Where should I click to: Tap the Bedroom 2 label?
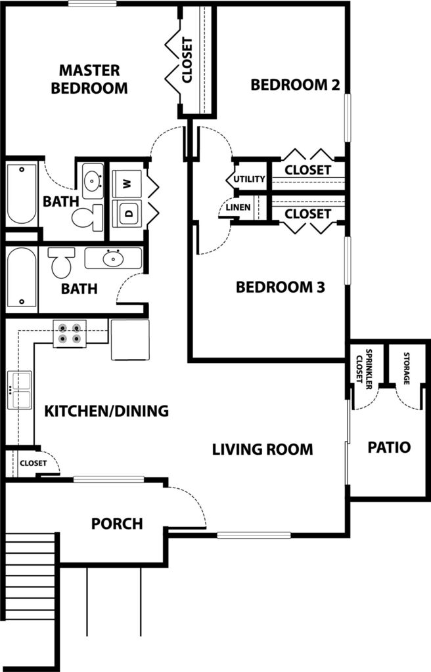[289, 84]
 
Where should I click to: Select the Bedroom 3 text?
[280, 287]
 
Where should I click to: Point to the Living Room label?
[262, 450]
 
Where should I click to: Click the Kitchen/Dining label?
[106, 411]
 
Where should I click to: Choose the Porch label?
[117, 524]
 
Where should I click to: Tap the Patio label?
[389, 448]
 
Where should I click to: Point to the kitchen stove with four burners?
[70, 333]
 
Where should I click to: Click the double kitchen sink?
[20, 390]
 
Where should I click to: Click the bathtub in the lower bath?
[22, 279]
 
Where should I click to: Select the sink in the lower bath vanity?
[113, 259]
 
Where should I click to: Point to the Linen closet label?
[238, 208]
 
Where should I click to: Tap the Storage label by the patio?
[406, 369]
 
